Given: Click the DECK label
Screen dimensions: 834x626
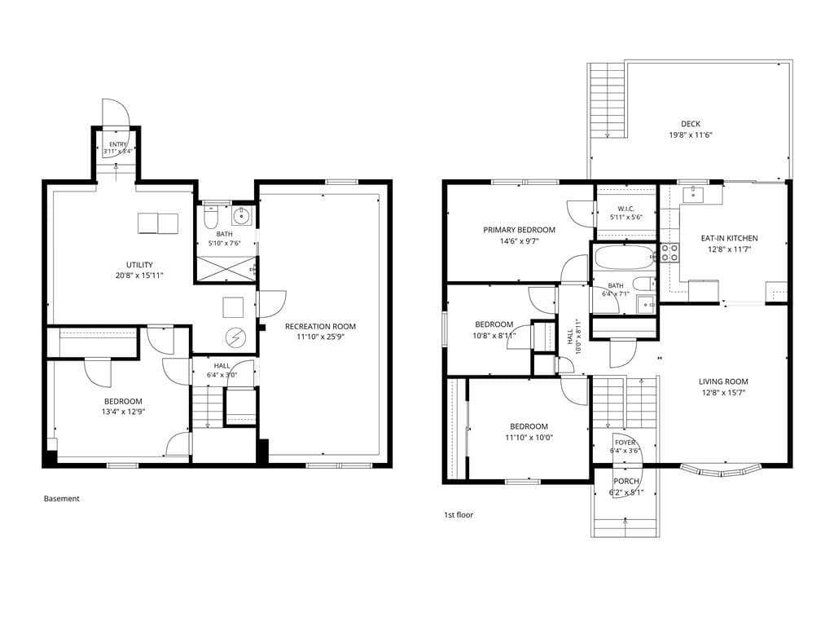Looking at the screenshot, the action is point(691,124).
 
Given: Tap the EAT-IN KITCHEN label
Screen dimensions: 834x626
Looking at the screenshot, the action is point(729,239).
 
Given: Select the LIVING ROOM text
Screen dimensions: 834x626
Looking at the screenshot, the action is point(723,381).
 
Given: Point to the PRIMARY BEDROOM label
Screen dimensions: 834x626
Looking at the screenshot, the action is point(519,230).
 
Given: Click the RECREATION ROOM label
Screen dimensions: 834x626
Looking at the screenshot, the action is point(320,326).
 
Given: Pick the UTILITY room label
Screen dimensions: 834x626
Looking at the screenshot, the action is point(139,265).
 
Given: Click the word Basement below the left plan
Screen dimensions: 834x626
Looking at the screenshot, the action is point(62,499).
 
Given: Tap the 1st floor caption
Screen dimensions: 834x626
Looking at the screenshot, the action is point(459,515).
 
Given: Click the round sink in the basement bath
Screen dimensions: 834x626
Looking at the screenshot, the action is point(242,216).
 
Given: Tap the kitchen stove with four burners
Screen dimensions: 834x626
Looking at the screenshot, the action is point(669,253).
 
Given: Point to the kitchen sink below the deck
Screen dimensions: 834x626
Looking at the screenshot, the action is point(694,194).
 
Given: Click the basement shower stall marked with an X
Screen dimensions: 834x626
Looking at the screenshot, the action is point(226,269).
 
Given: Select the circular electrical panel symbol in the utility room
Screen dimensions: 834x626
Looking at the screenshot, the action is point(235,337).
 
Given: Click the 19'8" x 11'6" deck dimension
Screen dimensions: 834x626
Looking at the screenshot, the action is point(691,135).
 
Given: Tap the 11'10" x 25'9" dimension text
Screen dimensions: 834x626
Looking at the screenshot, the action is point(320,337).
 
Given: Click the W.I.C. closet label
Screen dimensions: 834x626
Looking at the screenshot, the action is point(626,209).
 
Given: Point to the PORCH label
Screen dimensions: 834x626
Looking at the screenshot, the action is point(626,481).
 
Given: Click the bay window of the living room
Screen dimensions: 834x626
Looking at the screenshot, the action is point(721,470).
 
